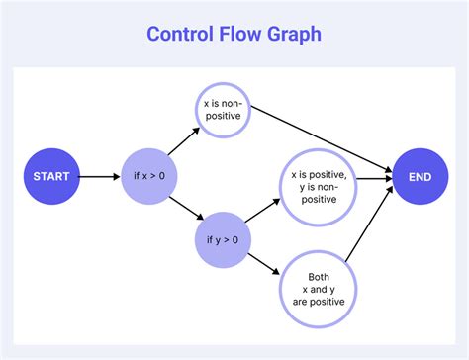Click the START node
coord(51,177)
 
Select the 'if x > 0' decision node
coord(149,178)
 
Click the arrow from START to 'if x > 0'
coord(99,178)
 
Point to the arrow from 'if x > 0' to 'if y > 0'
coord(185,208)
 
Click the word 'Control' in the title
coord(182,34)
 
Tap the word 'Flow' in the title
coord(244,34)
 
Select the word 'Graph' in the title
coord(295,34)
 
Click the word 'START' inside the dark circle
coord(51,177)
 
